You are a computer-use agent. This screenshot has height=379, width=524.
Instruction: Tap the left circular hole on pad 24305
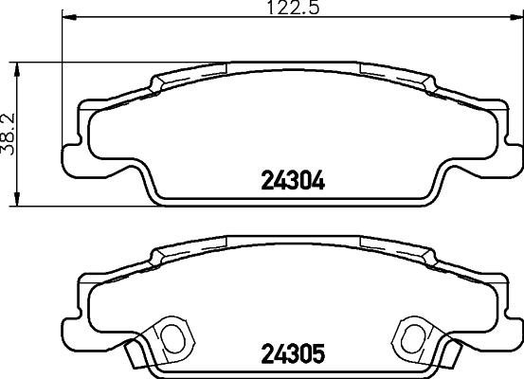pos(172,336)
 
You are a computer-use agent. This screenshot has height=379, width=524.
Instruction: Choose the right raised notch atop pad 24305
pos(430,254)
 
